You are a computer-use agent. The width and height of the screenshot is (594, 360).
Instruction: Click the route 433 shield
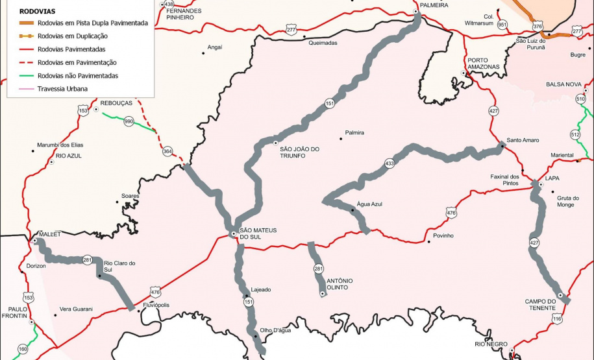[389, 163]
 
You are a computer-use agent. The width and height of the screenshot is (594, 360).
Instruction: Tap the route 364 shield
[167, 152]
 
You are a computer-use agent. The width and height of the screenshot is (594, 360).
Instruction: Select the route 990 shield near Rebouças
[129, 121]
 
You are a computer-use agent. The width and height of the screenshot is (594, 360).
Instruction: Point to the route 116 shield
[556, 319]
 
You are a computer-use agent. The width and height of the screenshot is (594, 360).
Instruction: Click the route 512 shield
[575, 134]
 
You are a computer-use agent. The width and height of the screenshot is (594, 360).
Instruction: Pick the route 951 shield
[502, 25]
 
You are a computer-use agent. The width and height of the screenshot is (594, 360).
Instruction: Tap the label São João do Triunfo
[300, 152]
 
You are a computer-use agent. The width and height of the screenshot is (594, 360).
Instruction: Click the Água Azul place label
[369, 204]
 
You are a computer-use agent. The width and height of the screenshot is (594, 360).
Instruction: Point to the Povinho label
[443, 235]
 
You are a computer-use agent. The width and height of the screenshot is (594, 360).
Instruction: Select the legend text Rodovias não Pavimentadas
[78, 76]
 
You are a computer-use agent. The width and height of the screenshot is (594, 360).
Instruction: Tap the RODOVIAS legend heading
[37, 11]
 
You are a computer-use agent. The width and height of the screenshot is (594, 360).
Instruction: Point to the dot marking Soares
[118, 202]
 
